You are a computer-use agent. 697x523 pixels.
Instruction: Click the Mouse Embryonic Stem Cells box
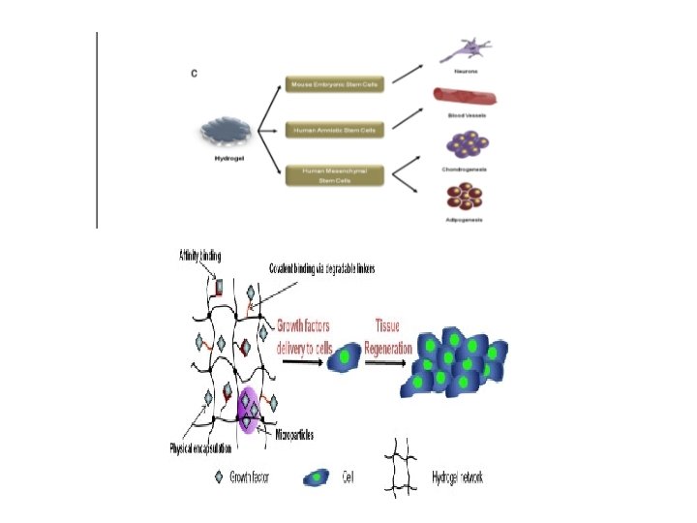pyautogui.click(x=335, y=85)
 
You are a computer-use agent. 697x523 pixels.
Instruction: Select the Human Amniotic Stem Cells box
pyautogui.click(x=335, y=129)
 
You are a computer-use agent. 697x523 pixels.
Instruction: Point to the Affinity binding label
pyautogui.click(x=199, y=256)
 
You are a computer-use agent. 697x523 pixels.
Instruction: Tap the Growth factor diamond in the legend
pyautogui.click(x=219, y=477)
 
